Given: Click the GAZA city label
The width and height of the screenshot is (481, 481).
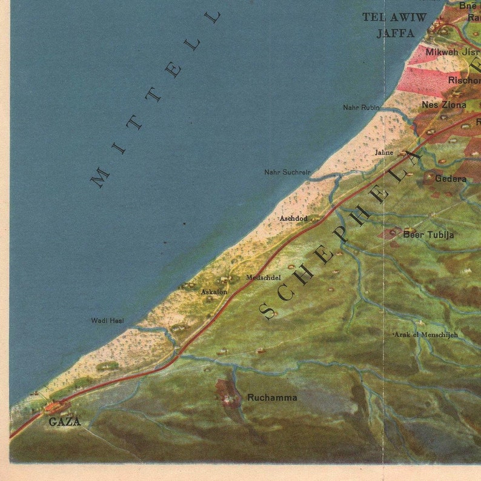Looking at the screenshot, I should click(x=64, y=422).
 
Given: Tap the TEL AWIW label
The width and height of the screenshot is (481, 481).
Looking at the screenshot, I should click(x=395, y=17).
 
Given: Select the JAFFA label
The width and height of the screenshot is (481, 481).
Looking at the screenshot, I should click(x=395, y=33).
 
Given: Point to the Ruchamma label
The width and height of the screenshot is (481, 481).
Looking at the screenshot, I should click(x=272, y=398).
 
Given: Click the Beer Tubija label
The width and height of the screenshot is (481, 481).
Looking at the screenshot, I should click(x=428, y=234).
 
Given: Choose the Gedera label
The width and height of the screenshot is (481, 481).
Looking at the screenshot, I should click(x=451, y=179).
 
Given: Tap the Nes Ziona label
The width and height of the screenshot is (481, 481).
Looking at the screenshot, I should click(x=444, y=105).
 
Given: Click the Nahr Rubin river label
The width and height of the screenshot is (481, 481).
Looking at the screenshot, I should click(x=361, y=108).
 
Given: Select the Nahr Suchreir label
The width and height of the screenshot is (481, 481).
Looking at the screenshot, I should click(x=287, y=172).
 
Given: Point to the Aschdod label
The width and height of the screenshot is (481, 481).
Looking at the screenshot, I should click(x=293, y=218).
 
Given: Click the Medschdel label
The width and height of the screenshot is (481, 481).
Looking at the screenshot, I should click(x=263, y=277).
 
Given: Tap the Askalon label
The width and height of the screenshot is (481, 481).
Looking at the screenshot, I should click(x=214, y=292).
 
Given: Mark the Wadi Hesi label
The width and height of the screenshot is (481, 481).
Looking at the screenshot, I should click(x=108, y=320).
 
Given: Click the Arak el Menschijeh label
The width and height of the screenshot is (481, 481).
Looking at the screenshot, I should click(x=426, y=334).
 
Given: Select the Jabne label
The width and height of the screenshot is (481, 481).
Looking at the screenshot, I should click(x=384, y=153).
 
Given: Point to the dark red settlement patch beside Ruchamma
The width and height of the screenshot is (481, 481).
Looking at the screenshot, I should click(x=227, y=393).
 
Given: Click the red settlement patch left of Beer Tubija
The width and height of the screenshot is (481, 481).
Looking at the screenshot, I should click(x=390, y=234).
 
